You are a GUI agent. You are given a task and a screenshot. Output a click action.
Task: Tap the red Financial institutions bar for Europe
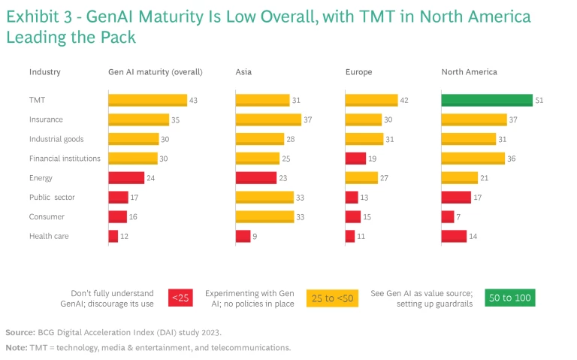(x=355, y=159)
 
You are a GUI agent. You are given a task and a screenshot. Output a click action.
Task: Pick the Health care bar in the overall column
(x=113, y=236)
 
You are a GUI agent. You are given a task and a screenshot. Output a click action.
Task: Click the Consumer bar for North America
(x=447, y=216)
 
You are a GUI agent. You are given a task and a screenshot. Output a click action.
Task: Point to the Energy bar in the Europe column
(x=361, y=178)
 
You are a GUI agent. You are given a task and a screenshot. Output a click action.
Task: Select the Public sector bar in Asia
(x=264, y=197)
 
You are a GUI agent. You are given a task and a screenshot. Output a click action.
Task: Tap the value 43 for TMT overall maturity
(x=193, y=100)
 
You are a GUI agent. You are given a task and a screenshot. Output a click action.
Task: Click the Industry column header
(x=44, y=72)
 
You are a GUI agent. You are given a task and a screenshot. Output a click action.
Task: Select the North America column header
(x=469, y=72)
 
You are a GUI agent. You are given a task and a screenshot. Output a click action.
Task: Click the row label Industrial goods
(x=56, y=139)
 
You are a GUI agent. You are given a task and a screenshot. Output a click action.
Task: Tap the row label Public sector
(x=53, y=197)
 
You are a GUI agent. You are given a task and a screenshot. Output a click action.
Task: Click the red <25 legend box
(x=181, y=298)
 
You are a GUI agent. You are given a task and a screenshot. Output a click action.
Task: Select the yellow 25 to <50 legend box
(x=331, y=298)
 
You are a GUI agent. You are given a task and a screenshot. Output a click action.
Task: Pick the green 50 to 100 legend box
(x=509, y=298)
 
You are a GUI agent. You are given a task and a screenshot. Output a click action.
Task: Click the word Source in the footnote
(x=20, y=331)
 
